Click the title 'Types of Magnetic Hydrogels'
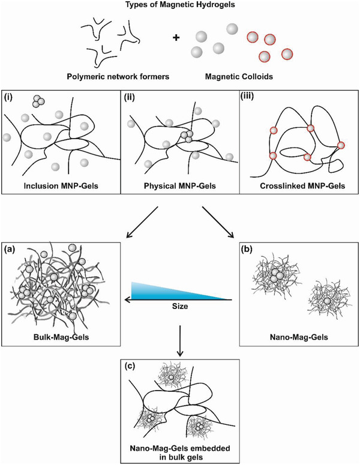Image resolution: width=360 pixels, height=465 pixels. point(179,5)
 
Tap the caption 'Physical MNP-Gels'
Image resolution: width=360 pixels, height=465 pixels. point(180,185)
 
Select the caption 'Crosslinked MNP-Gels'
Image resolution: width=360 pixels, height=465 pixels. point(298,185)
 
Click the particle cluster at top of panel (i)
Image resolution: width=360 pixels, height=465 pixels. point(39,101)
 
